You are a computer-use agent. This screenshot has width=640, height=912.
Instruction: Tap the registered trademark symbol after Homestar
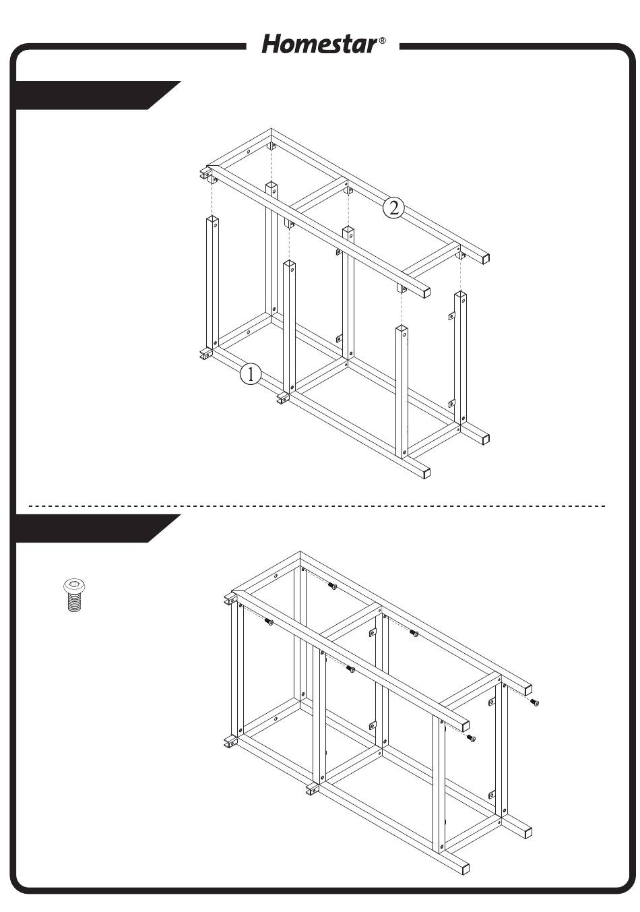click(383, 40)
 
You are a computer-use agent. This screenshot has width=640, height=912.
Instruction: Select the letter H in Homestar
click(272, 44)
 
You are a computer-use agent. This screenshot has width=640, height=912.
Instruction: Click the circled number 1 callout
click(250, 373)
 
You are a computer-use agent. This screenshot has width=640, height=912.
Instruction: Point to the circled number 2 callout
click(393, 208)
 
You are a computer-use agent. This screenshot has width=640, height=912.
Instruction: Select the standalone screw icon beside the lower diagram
click(74, 595)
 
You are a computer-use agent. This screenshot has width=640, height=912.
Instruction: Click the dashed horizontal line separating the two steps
click(317, 506)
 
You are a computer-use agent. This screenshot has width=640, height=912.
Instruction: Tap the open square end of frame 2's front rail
click(426, 291)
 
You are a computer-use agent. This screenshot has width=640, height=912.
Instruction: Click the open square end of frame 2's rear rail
click(484, 258)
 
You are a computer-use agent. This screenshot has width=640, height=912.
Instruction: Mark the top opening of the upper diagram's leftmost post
click(212, 220)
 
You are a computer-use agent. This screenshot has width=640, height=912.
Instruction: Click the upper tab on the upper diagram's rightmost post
click(451, 315)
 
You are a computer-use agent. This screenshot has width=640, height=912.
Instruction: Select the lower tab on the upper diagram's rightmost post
click(451, 404)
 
